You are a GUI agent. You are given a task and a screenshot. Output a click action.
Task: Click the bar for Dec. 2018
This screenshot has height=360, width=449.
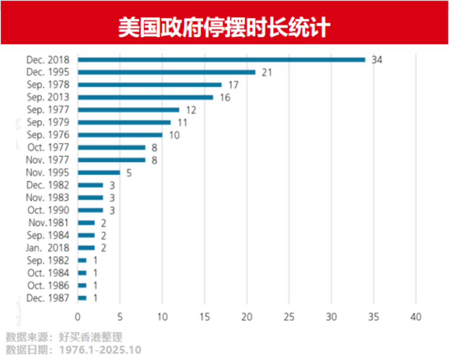point(221,60)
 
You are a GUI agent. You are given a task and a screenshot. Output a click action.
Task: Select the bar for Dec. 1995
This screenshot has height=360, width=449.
point(167,72)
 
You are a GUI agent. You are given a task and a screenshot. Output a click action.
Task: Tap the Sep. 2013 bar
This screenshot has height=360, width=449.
point(146,97)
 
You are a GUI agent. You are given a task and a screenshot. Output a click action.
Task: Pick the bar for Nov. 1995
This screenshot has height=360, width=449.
point(99,173)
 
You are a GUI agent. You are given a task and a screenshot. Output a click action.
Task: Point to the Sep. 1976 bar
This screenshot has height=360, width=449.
point(120,135)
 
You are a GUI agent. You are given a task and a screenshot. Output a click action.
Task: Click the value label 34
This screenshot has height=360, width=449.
point(377,60)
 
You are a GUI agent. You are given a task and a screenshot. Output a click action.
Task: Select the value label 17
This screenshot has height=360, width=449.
point(233,85)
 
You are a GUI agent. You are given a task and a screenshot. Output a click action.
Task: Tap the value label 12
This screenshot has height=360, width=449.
point(191,110)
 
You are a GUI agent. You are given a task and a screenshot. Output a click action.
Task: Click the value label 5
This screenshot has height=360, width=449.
point(129,173)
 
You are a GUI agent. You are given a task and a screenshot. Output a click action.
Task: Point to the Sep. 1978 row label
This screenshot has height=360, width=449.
point(48,85)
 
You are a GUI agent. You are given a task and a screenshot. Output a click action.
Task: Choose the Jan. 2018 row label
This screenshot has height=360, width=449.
point(48,248)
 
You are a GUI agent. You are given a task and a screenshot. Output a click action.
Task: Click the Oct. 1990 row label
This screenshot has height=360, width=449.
point(48,210)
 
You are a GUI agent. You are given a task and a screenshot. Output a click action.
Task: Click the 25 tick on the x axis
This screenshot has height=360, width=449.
point(289,317)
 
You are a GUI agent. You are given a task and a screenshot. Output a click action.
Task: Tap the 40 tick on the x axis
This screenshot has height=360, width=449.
point(415,317)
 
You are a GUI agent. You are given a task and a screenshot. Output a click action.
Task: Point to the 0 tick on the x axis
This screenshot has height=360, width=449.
point(78,317)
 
